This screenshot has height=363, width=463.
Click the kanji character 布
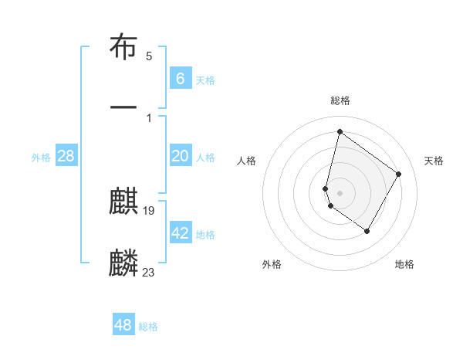(x=123, y=48)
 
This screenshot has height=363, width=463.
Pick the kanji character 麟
(x=123, y=263)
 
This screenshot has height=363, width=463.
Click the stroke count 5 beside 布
(x=149, y=56)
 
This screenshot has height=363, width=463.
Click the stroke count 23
(x=149, y=271)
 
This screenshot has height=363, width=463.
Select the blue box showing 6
(x=181, y=78)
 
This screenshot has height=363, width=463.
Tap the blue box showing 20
(x=181, y=156)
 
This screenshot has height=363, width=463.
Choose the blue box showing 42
(x=181, y=233)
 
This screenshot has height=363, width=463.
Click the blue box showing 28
(x=66, y=156)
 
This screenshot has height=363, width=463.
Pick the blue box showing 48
(x=123, y=325)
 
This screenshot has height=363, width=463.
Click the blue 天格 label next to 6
(x=205, y=80)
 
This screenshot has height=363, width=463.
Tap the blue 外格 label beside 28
(x=41, y=158)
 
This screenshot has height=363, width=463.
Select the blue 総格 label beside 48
(x=148, y=327)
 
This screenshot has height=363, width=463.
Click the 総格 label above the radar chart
(x=340, y=100)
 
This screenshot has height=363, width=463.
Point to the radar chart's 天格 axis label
(x=434, y=161)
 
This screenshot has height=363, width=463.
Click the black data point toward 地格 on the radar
(x=367, y=231)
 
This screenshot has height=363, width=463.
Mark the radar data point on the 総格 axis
(x=340, y=131)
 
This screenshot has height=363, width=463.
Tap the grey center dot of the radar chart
(x=340, y=192)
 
